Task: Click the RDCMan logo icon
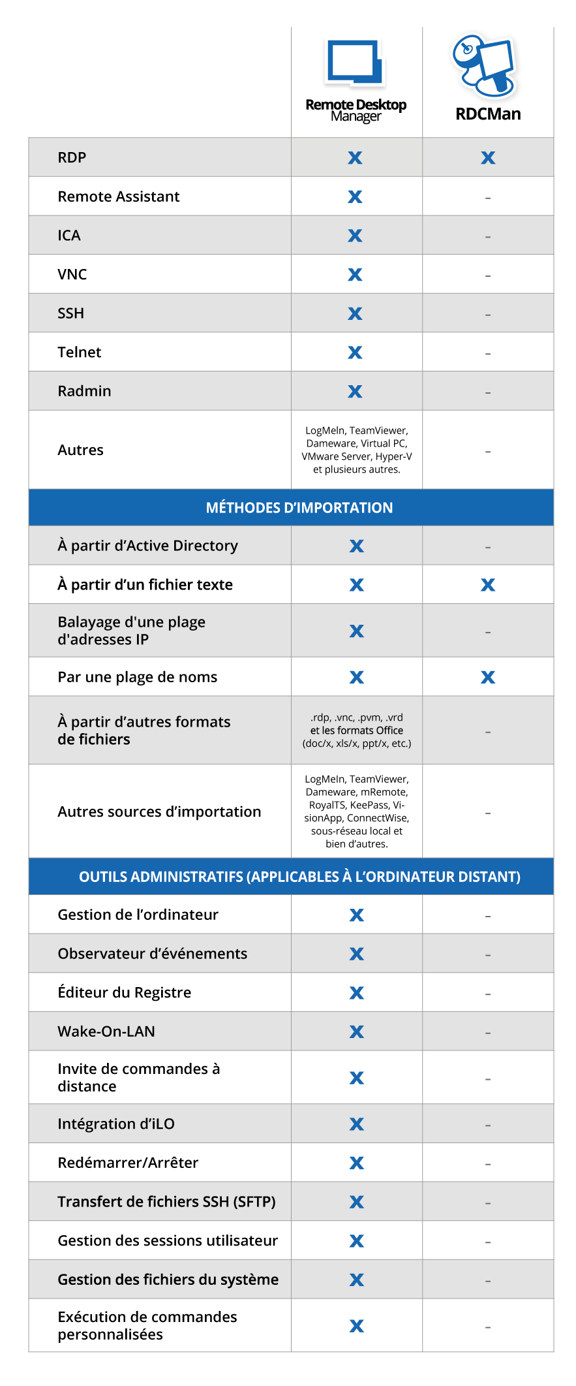(485, 65)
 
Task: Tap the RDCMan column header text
(488, 114)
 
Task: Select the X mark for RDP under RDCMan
(488, 157)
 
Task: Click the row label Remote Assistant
(118, 197)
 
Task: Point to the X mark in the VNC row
(355, 274)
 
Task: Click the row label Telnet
(79, 353)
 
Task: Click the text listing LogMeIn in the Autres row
(356, 450)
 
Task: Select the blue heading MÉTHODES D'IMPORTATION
(299, 508)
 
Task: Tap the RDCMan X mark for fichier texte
(488, 585)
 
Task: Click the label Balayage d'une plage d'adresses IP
(131, 631)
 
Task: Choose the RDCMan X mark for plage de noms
(488, 678)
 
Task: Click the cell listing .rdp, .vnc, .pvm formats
(356, 731)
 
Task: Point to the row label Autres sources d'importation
(159, 811)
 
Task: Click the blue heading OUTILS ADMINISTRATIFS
(299, 877)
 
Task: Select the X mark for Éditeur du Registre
(356, 993)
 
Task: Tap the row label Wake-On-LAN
(106, 1032)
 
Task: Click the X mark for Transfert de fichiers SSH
(356, 1202)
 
